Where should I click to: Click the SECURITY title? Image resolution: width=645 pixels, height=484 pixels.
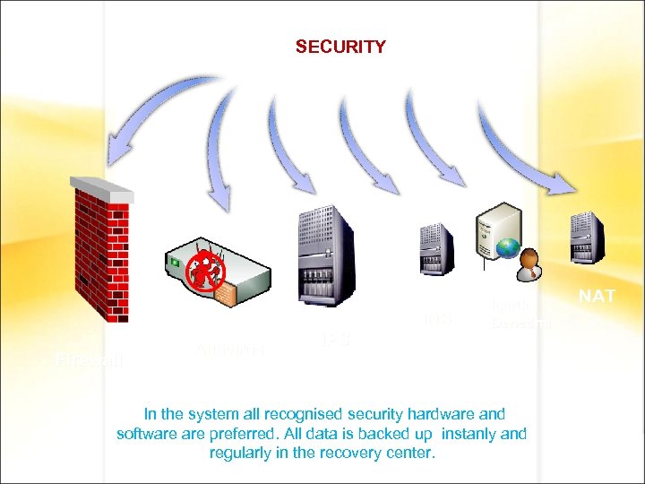point(340,47)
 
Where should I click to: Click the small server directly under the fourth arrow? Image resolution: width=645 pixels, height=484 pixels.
point(436,249)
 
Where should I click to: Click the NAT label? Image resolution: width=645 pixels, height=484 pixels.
point(597,296)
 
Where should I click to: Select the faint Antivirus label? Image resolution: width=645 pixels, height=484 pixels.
point(228,349)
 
